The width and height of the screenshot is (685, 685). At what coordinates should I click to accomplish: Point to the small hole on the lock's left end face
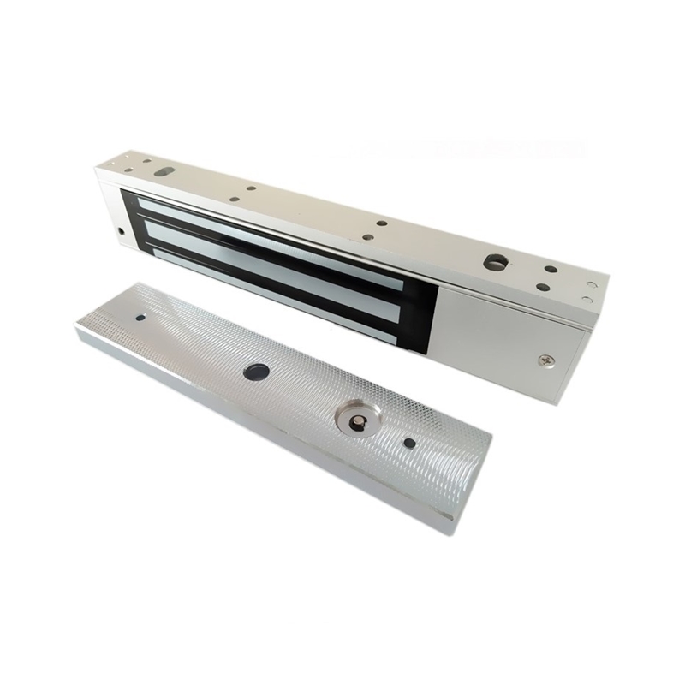point(119,231)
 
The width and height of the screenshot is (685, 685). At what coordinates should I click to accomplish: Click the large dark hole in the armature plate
point(256,372)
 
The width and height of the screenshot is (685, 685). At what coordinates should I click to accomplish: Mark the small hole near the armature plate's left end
point(140,319)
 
